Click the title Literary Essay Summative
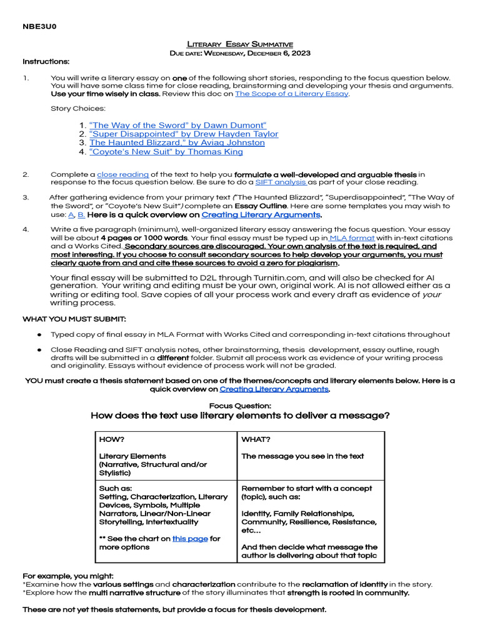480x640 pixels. click(241, 44)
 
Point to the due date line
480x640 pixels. click(241, 53)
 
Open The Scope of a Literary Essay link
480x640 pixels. click(292, 94)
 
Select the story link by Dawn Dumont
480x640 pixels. click(178, 125)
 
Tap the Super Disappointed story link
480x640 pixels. click(184, 134)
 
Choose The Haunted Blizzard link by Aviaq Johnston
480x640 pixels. click(177, 142)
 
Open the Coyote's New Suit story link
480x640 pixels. click(166, 151)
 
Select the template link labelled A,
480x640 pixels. click(71, 214)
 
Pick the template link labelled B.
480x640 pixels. click(81, 214)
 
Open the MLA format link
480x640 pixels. click(352, 238)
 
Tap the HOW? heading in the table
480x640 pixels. click(112, 439)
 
